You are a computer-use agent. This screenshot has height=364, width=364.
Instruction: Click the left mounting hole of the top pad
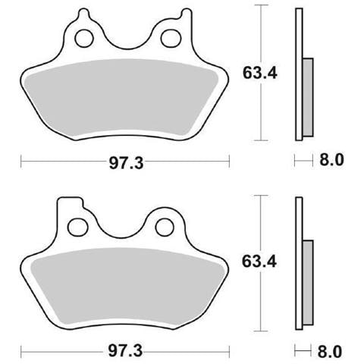84,38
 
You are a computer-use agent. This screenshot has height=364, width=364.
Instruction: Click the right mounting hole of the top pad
171,39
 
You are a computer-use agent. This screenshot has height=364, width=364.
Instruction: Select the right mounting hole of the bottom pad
165,227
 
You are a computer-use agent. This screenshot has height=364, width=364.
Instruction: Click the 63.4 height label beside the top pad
260,73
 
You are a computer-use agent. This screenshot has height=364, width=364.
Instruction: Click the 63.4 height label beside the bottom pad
259,262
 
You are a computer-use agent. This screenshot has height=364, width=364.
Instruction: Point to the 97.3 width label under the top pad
126,163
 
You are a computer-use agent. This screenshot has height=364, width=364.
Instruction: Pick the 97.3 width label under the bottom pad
125,351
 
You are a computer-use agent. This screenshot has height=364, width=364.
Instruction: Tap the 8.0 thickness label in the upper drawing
331,160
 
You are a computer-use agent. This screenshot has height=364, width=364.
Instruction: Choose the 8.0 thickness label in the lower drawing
330,351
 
